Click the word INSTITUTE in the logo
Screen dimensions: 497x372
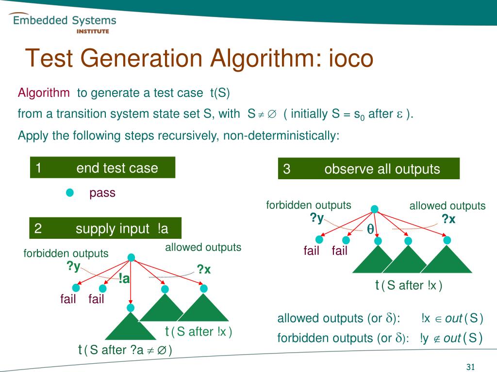tap(93, 31)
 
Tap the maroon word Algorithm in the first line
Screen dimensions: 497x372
tap(44, 93)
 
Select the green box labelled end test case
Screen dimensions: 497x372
tap(102, 168)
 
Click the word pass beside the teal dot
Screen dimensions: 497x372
tap(102, 193)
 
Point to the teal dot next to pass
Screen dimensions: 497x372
tap(70, 193)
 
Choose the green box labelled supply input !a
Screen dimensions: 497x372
tap(105, 229)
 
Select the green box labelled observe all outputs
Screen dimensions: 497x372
tap(368, 169)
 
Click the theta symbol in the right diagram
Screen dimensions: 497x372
tap(370, 229)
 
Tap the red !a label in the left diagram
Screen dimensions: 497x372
tap(124, 279)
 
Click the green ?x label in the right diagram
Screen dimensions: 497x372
tap(448, 219)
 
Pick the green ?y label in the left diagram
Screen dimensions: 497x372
tap(74, 266)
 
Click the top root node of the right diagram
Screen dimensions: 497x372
tap(374, 209)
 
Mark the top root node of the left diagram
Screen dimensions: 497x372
tap(131, 257)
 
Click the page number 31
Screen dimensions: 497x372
tap(470, 367)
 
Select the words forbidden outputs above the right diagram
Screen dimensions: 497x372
tap(309, 205)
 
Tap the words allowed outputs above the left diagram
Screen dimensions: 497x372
tap(203, 248)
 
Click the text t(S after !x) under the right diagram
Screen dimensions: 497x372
tap(409, 286)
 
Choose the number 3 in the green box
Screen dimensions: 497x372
tap(287, 169)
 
